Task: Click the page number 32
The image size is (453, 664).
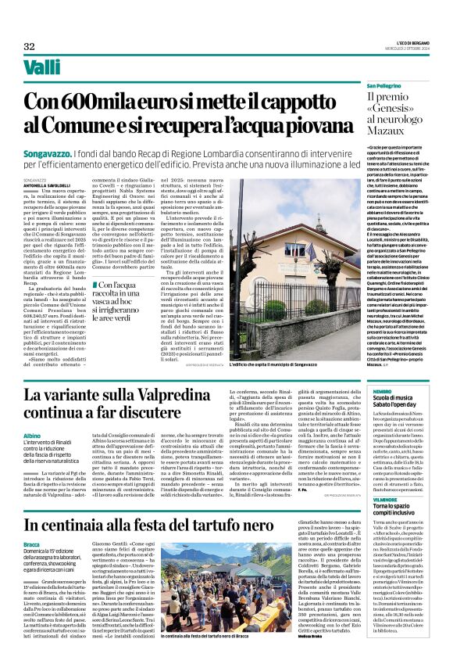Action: click(29, 46)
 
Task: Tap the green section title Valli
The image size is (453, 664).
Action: click(42, 68)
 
